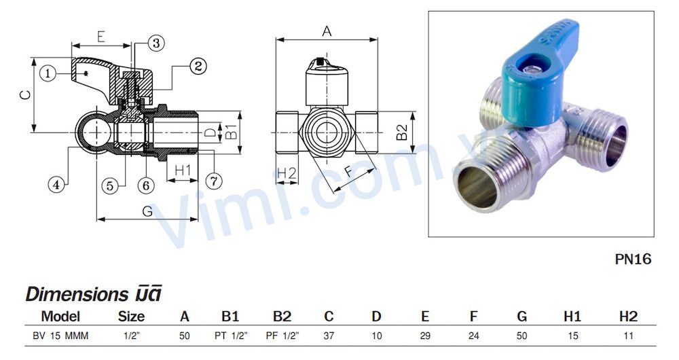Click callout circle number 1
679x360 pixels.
(47, 73)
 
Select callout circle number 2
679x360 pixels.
(198, 66)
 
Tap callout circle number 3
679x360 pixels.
(155, 43)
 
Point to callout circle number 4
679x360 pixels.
(58, 183)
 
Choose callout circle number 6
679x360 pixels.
(145, 184)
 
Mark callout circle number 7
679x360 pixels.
(213, 181)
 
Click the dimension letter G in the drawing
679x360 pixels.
(147, 211)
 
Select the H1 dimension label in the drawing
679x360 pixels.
(182, 170)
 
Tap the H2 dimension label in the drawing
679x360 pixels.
(287, 173)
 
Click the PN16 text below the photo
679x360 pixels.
(632, 259)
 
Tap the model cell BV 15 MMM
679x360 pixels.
(60, 336)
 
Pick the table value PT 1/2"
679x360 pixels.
(230, 336)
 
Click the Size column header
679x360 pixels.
(131, 316)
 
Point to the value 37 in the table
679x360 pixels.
(329, 336)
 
